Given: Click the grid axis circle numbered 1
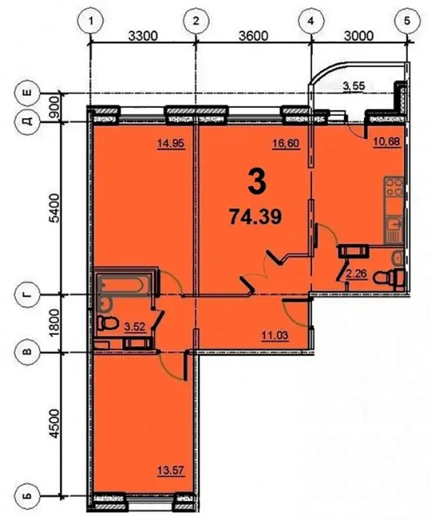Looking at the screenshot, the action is coord(90,21).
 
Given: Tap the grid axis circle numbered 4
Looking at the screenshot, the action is coord(310,21).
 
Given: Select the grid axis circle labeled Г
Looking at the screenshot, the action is coord(28,294).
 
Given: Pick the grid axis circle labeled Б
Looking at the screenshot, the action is coord(28,496).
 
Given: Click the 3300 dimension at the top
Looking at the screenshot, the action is coord(143,35).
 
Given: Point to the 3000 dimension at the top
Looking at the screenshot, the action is coord(358,35).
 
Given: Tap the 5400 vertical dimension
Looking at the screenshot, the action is coord(55,208).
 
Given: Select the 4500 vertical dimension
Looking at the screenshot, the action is coord(55,423).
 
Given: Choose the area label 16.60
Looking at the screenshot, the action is coord(286,144).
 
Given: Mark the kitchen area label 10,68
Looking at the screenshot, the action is coord(386,142).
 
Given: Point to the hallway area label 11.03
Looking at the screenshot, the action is coord(275,336).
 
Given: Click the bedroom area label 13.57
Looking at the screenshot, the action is coord(170,471).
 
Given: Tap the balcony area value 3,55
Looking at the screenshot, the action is coord(354,86).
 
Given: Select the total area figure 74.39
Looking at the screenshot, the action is coord(255,218).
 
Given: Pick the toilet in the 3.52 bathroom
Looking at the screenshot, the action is coord(108,323).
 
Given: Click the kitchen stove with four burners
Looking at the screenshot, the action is coord(394,187).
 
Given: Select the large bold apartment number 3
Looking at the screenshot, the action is coord(257,184).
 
